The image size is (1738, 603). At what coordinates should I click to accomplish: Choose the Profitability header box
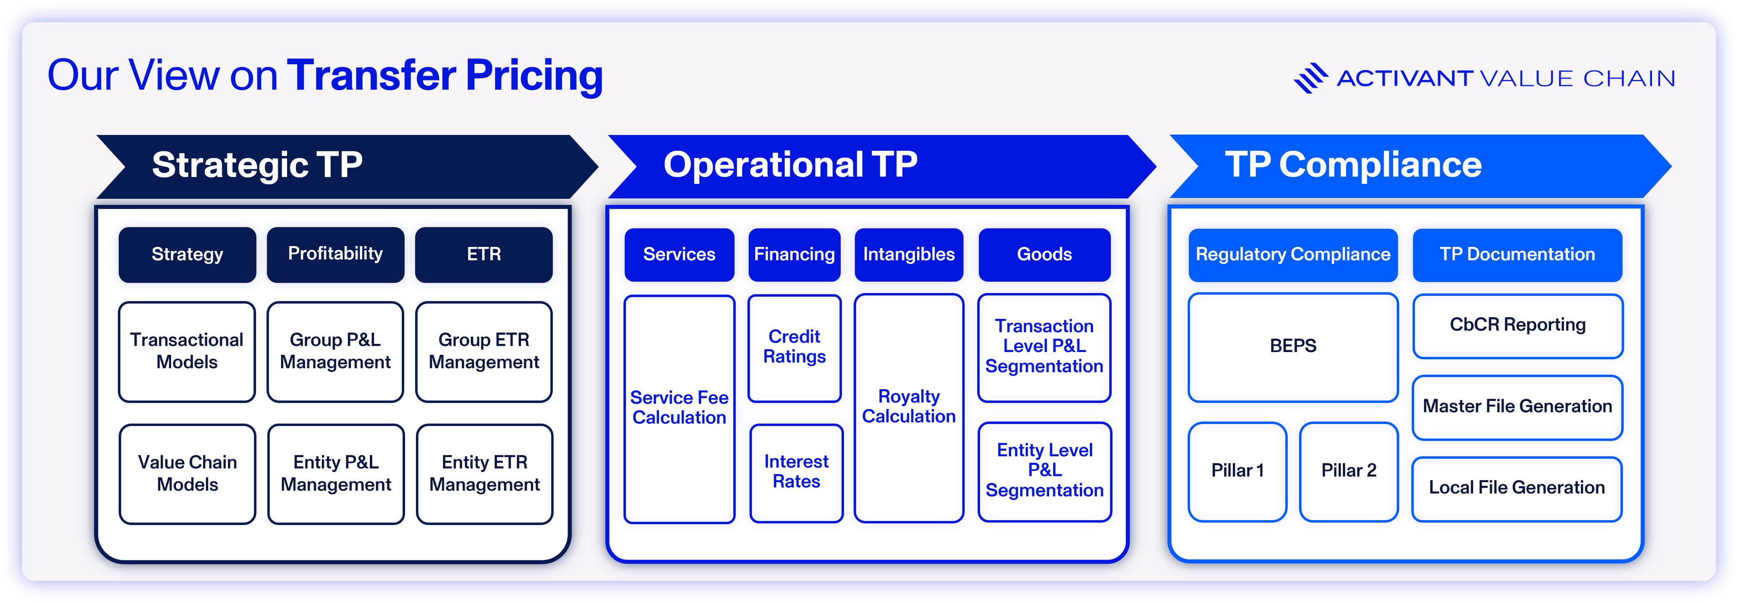pos(335,255)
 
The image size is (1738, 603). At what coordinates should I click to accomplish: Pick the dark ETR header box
pos(484,255)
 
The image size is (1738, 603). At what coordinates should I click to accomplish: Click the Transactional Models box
pos(187,351)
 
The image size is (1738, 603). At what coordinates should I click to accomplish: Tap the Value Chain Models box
pos(187,473)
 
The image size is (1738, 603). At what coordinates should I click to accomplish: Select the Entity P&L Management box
pos(336,473)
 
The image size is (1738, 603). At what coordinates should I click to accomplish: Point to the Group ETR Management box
pos(484,351)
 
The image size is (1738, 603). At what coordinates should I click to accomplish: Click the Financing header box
pos(794,255)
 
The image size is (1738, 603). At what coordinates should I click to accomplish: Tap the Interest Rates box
pos(796,472)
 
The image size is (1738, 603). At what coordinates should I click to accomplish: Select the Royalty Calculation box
pos(909,407)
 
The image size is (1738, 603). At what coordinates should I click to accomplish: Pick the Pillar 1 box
pos(1237,471)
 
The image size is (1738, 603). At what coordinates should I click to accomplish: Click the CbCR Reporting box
pos(1518,325)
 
